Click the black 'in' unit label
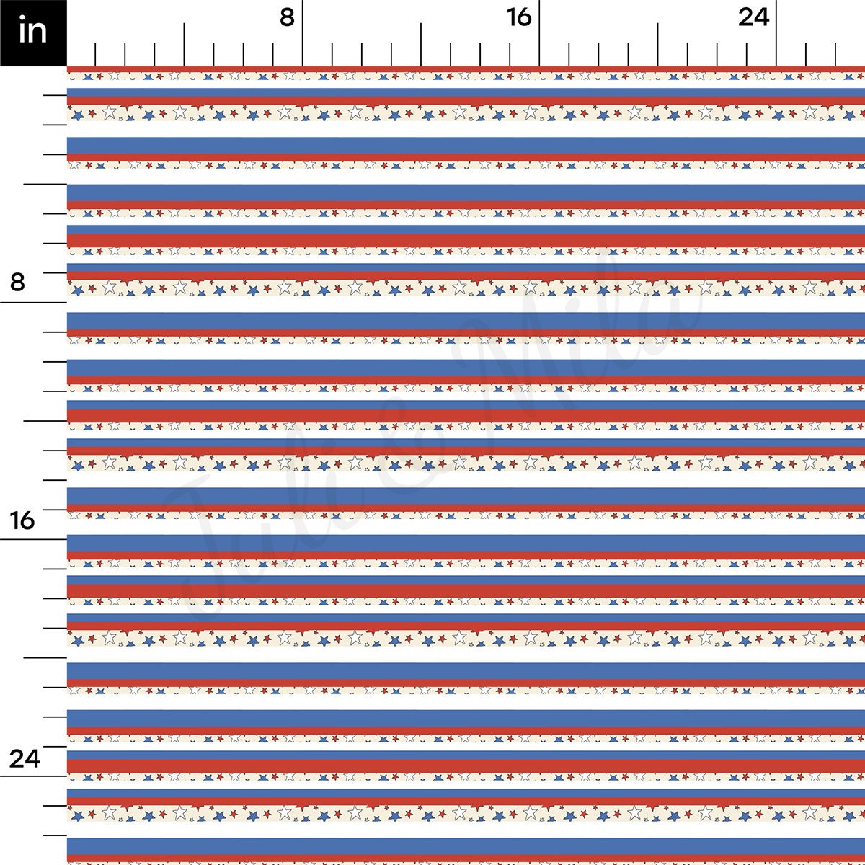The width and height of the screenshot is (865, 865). pyautogui.click(x=33, y=32)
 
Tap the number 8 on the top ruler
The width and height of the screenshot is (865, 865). pyautogui.click(x=287, y=17)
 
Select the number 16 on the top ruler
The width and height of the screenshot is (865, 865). pyautogui.click(x=519, y=17)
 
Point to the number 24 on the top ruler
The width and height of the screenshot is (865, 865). pyautogui.click(x=753, y=17)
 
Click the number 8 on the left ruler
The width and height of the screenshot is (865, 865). pyautogui.click(x=17, y=282)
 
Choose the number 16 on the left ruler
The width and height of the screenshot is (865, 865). pyautogui.click(x=22, y=519)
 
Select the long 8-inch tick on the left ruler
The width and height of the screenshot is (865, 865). pyautogui.click(x=33, y=302)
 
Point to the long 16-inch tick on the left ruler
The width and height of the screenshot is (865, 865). pyautogui.click(x=33, y=539)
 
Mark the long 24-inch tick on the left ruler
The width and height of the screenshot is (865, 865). pyautogui.click(x=33, y=776)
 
